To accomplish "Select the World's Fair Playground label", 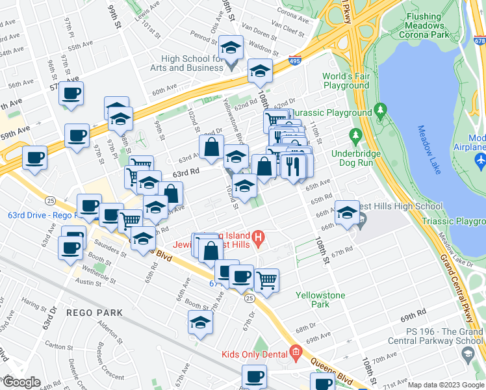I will pos(346,81).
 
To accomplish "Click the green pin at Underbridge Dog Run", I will pos(355,136).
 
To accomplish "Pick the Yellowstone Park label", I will pos(320,299).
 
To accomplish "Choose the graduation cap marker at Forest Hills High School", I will pos(347,213).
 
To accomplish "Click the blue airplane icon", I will pos(480,159).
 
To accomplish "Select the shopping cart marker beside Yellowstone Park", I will pos(266,281).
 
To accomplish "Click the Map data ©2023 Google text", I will pos(445,385).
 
